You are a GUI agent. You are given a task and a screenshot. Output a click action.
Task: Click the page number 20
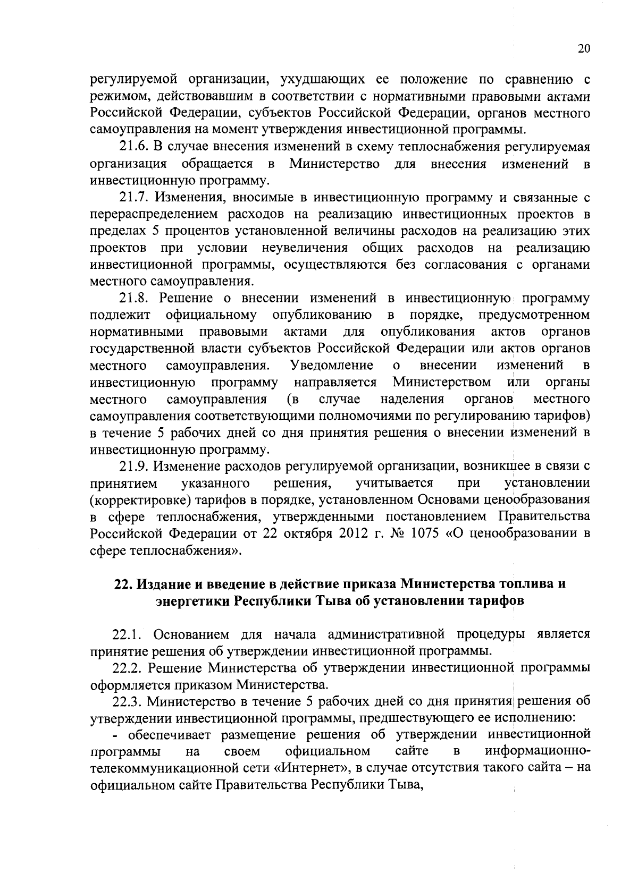583,49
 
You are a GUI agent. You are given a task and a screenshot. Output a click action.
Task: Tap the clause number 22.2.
129,668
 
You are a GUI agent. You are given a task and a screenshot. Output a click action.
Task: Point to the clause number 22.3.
129,702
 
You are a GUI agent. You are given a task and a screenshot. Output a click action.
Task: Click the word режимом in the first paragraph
112,97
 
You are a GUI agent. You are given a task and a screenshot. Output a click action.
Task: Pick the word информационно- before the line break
538,752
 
